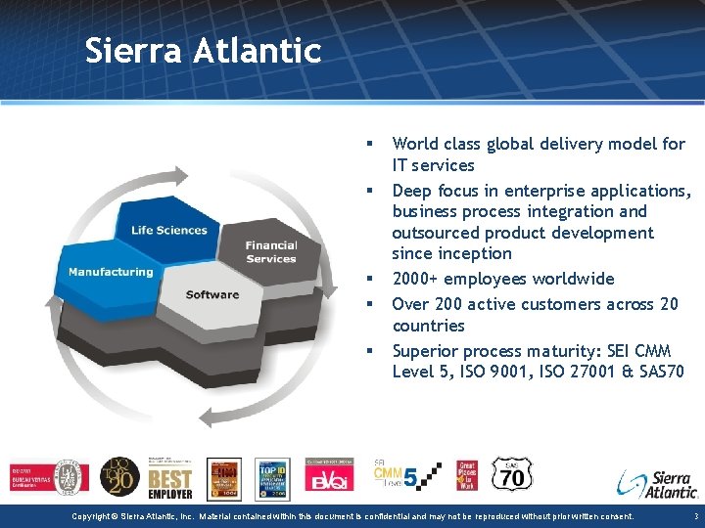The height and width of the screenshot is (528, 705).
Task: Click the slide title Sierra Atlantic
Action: (203, 50)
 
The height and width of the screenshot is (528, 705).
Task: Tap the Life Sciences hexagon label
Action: (168, 230)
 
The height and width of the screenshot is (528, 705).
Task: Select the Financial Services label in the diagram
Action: (271, 252)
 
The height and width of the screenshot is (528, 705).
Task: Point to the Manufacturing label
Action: (111, 272)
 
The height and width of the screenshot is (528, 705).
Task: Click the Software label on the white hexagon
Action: (211, 294)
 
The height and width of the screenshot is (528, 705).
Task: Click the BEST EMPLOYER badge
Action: (170, 479)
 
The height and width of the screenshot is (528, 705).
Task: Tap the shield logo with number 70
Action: (511, 475)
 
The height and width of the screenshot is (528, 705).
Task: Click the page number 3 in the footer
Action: (694, 515)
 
